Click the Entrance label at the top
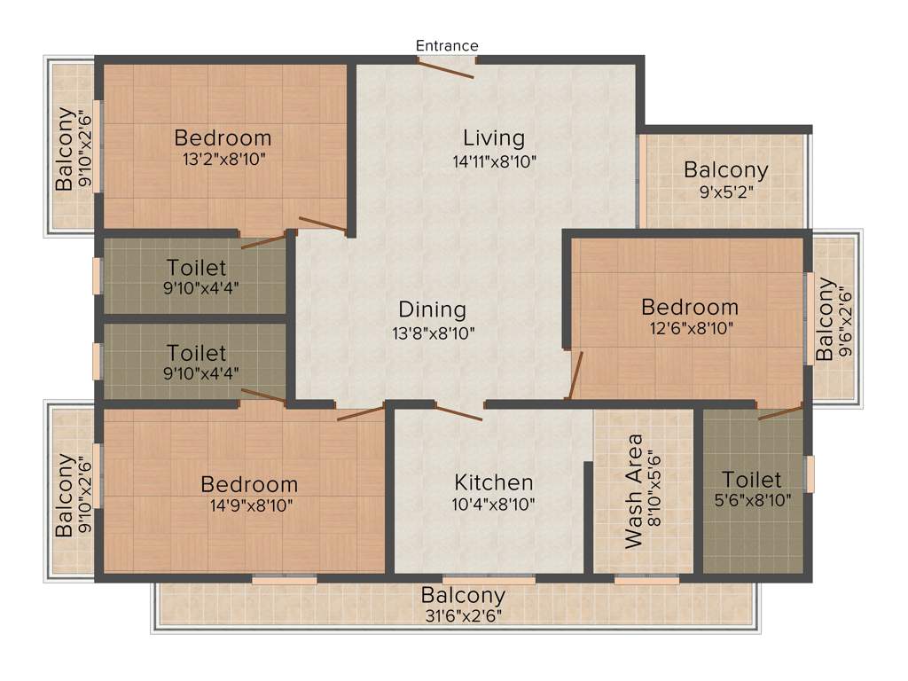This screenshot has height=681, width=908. [x=447, y=45]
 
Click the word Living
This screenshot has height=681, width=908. [x=494, y=138]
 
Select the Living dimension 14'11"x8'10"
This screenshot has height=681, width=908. [x=494, y=161]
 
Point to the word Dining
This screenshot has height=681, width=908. [x=432, y=309]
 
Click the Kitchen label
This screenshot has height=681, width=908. [x=494, y=482]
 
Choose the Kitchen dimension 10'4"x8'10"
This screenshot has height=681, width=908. [x=494, y=505]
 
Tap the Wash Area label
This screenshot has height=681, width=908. [x=634, y=491]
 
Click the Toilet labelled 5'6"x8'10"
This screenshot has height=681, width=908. [x=751, y=481]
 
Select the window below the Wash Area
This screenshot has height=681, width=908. [x=646, y=580]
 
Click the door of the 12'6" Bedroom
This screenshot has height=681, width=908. [x=575, y=376]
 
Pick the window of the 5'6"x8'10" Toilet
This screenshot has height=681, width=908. [x=809, y=474]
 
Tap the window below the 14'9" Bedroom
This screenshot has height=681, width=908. [x=284, y=580]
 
